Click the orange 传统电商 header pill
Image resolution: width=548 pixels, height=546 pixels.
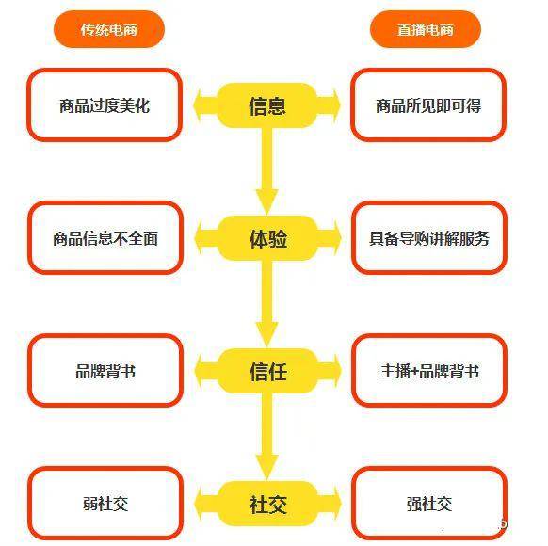click(x=108, y=29)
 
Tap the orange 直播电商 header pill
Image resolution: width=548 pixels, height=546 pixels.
click(x=426, y=29)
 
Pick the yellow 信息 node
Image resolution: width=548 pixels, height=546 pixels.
click(x=267, y=105)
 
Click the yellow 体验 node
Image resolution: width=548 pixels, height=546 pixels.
click(x=267, y=238)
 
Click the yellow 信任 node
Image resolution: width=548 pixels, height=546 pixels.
click(x=267, y=371)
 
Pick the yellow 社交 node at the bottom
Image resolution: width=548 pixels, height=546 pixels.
click(x=267, y=504)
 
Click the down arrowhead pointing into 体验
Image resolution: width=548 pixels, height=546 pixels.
click(x=267, y=201)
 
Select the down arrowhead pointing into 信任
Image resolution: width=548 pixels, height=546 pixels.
click(x=267, y=334)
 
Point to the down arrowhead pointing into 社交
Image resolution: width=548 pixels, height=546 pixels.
click(x=267, y=467)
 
